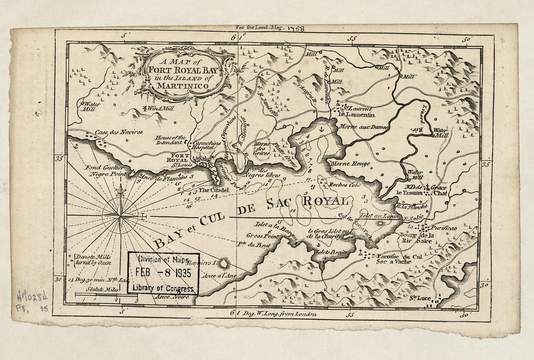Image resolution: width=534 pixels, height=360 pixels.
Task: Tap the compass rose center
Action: point(120,213)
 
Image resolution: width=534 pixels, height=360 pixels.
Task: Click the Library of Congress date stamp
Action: point(163,273)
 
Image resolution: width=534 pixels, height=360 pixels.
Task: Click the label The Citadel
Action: point(210,191)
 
